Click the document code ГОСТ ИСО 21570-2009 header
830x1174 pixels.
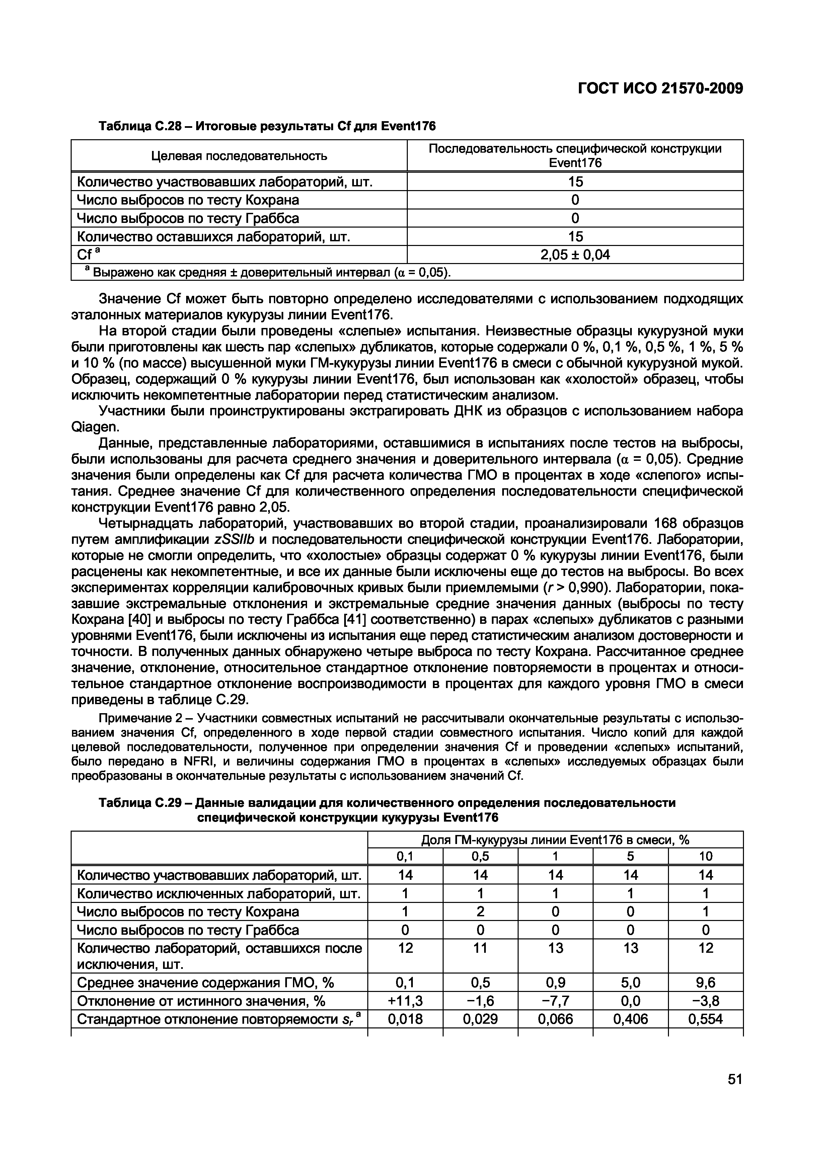click(660, 88)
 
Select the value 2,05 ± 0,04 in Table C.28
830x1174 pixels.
click(575, 255)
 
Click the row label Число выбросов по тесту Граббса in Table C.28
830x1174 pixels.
click(188, 218)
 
